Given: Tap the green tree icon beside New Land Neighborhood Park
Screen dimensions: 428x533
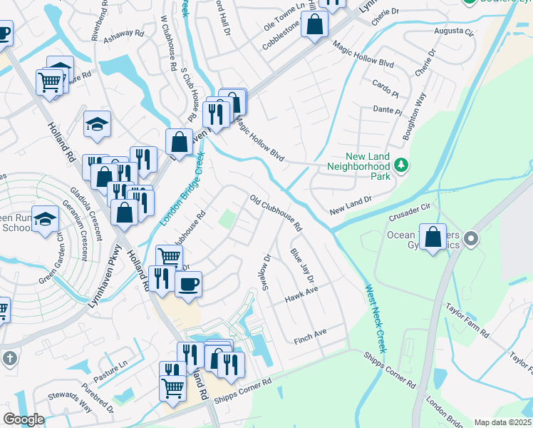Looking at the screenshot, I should [x=402, y=165].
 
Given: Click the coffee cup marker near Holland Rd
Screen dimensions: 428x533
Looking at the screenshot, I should [x=188, y=284].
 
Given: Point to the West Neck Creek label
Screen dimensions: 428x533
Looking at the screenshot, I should [x=376, y=319].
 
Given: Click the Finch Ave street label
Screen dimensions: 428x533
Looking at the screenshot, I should [x=309, y=333].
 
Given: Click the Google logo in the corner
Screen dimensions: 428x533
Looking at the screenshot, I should [x=23, y=419].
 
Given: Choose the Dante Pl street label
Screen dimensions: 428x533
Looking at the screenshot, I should [x=388, y=110].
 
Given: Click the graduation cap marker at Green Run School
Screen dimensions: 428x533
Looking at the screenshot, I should [x=46, y=220].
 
